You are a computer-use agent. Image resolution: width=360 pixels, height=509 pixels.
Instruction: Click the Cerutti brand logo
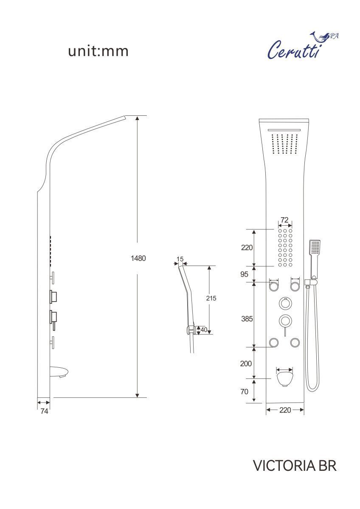tap(302, 45)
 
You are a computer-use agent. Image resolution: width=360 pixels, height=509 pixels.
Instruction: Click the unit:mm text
tap(98, 51)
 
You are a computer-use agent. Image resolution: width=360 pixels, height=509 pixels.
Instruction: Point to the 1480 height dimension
tap(138, 258)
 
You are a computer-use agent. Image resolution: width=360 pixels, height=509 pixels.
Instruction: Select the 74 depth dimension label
tap(44, 411)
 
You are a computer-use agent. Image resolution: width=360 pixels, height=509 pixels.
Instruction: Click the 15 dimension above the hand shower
tap(180, 259)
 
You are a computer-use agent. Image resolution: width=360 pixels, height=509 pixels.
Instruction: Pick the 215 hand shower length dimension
tap(211, 298)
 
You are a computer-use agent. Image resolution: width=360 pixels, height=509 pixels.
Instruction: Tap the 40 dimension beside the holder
tap(204, 330)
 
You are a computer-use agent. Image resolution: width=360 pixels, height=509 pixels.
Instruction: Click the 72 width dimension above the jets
tap(284, 220)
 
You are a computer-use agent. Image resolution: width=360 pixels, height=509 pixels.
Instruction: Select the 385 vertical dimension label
tap(247, 319)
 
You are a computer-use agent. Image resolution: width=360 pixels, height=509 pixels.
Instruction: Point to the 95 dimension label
tap(244, 274)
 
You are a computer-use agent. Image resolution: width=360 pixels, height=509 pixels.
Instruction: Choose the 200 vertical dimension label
tap(246, 364)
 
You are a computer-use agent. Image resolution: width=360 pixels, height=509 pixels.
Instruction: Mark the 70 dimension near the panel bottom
tap(244, 392)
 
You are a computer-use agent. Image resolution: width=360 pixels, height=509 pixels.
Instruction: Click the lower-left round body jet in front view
tap(273, 342)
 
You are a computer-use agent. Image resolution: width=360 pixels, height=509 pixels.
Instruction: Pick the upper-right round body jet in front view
tap(295, 286)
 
